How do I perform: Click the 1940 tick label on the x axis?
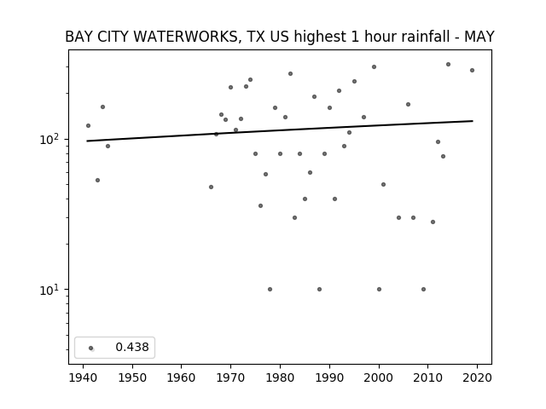[x=83, y=377]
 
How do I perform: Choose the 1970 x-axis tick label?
[x=230, y=377]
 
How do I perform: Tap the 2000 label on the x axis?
[x=379, y=377]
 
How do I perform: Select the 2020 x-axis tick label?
[x=477, y=377]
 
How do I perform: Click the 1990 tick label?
[x=329, y=377]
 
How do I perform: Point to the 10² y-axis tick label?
[x=50, y=139]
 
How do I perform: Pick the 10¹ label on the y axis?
[x=50, y=290]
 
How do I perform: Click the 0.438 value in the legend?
[x=132, y=347]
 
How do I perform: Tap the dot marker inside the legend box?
[x=91, y=349]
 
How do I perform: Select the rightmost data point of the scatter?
[x=472, y=70]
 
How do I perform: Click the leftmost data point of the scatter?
[x=88, y=125]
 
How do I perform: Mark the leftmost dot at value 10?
[x=270, y=290]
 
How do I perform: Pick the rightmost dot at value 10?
[x=423, y=290]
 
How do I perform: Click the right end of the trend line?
[x=473, y=121]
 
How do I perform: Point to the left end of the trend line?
[x=87, y=141]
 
